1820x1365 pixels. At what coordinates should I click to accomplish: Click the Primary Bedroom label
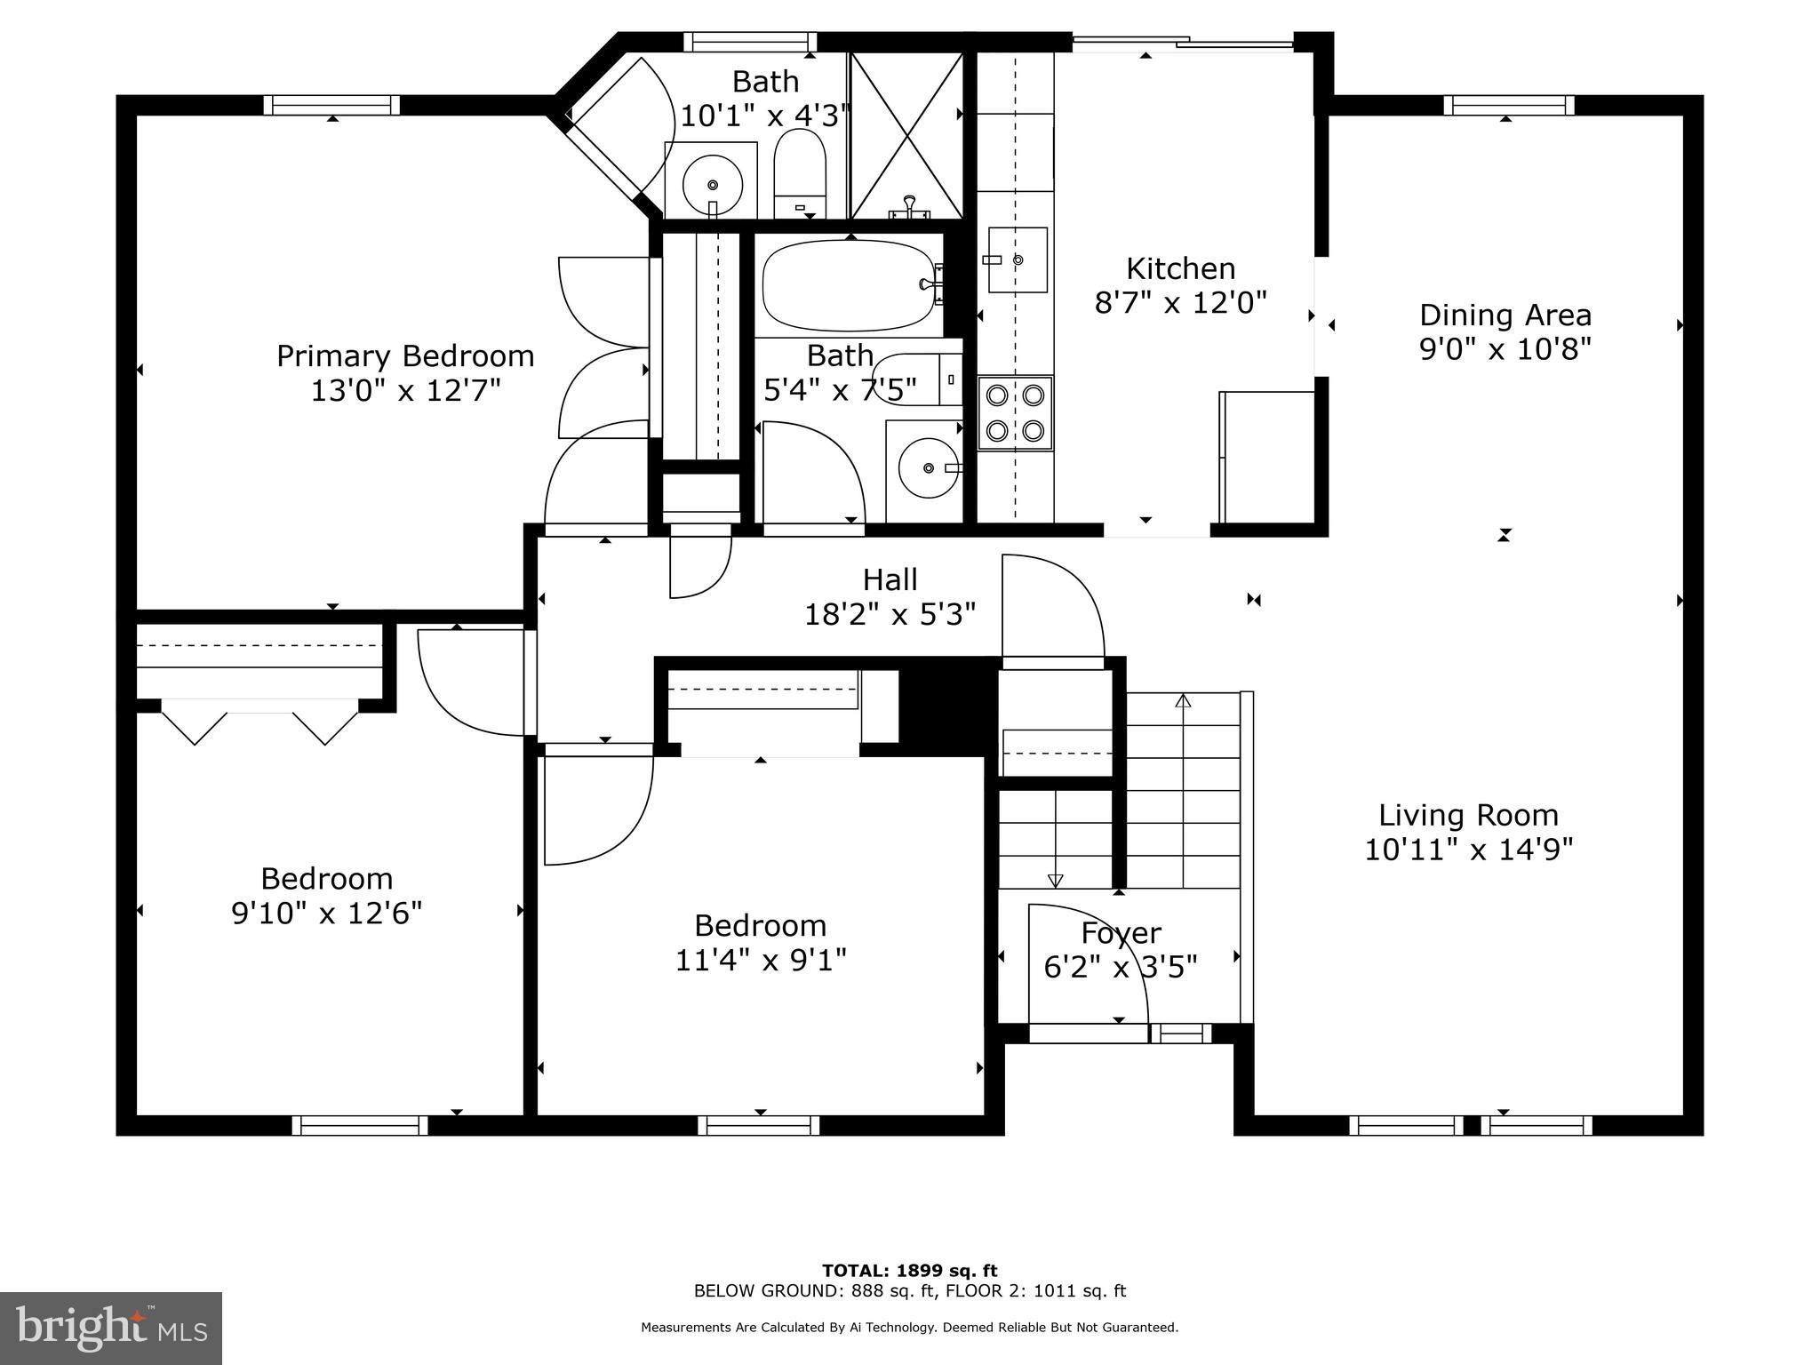pyautogui.click(x=405, y=356)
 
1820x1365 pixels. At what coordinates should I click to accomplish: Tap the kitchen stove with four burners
pyautogui.click(x=1015, y=412)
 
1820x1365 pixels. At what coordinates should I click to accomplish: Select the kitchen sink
pyautogui.click(x=1018, y=259)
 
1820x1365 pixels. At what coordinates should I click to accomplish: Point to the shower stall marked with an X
pyautogui.click(x=906, y=135)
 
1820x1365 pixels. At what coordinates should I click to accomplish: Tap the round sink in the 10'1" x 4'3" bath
pyautogui.click(x=712, y=185)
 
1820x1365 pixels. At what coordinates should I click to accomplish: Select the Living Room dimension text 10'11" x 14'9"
pyautogui.click(x=1468, y=850)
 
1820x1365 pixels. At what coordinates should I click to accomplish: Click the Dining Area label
pyautogui.click(x=1505, y=315)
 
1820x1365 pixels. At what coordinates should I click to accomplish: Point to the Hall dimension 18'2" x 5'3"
pyautogui.click(x=890, y=614)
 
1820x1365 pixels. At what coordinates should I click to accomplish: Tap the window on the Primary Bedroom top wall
pyautogui.click(x=331, y=105)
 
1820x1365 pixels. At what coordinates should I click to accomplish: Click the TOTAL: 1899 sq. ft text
pyautogui.click(x=909, y=1270)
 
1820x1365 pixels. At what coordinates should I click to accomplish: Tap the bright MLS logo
pyautogui.click(x=111, y=1328)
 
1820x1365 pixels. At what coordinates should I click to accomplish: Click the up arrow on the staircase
pyautogui.click(x=1182, y=702)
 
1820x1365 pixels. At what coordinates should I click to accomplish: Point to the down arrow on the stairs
pyautogui.click(x=1055, y=880)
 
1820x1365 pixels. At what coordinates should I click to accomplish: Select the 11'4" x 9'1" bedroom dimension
pyautogui.click(x=761, y=960)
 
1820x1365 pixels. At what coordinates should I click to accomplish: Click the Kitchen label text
pyautogui.click(x=1180, y=268)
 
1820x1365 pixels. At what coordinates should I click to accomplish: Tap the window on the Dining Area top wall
pyautogui.click(x=1508, y=105)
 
